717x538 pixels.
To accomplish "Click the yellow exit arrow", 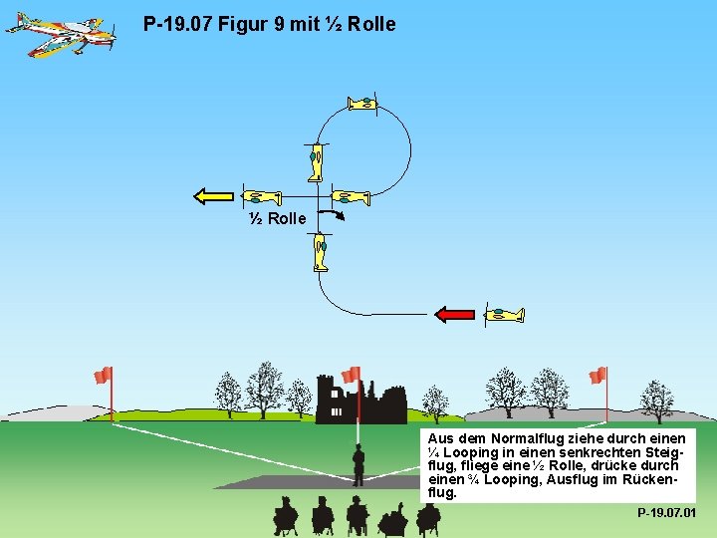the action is [213, 196].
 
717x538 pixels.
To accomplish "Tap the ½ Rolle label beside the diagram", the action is [277, 218].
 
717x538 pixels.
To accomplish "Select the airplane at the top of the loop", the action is [362, 103].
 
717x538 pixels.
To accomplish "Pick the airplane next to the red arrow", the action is [503, 315].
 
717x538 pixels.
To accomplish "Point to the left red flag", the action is [103, 375].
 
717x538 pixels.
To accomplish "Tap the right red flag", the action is [597, 375].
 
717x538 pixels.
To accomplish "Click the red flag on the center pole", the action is [351, 375].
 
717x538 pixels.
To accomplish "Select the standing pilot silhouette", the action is [358, 464].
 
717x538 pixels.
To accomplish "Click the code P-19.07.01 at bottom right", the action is [666, 513].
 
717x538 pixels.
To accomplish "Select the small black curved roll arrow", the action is [338, 215].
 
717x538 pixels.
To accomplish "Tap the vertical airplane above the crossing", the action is [316, 161].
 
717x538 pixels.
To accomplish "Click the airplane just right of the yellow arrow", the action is [262, 196].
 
